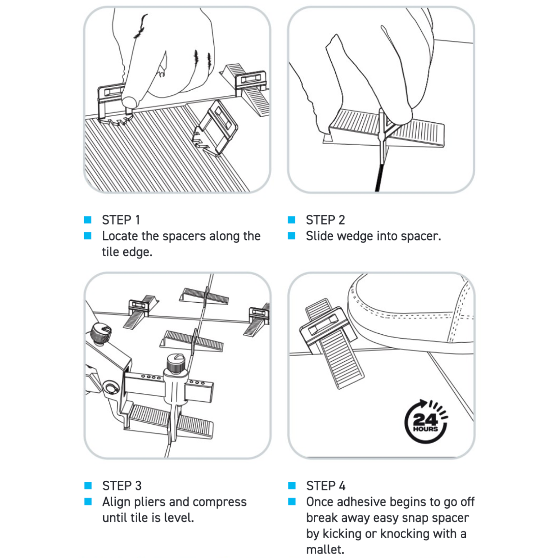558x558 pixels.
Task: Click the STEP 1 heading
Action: pyautogui.click(x=121, y=220)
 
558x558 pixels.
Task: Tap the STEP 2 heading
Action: pyautogui.click(x=325, y=220)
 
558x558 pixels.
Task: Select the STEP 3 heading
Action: pyautogui.click(x=122, y=486)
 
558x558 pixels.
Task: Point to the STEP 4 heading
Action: pyautogui.click(x=326, y=486)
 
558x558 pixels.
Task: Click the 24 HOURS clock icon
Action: pyautogui.click(x=426, y=422)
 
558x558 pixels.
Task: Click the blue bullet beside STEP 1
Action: pyautogui.click(x=87, y=220)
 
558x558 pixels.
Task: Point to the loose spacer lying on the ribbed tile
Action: pyautogui.click(x=215, y=128)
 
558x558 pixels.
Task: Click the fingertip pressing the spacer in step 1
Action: pyautogui.click(x=129, y=101)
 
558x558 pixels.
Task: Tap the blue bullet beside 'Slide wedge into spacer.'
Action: pyautogui.click(x=292, y=236)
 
